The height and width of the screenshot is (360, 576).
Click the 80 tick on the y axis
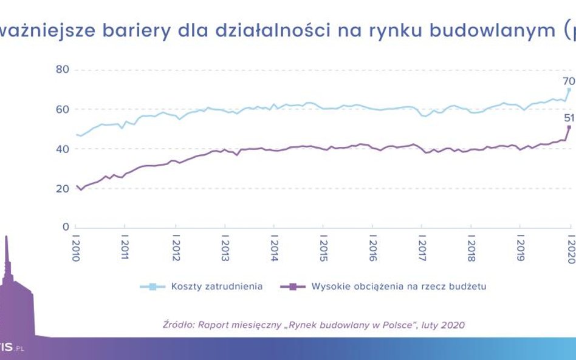63,69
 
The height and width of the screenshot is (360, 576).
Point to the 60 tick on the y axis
63,109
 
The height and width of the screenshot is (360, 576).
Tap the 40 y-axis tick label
63,149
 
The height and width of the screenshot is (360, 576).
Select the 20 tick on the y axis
63,189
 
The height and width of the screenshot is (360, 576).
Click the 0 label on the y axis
66,227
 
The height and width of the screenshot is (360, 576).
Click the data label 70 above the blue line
568,81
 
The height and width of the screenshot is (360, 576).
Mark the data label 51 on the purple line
568,118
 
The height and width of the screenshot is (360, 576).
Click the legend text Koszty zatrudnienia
217,287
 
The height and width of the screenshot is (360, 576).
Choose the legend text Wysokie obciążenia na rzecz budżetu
399,287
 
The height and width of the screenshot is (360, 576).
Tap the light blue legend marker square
153,287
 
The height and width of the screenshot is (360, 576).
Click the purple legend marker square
293,287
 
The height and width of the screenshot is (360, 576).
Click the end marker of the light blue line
569,90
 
